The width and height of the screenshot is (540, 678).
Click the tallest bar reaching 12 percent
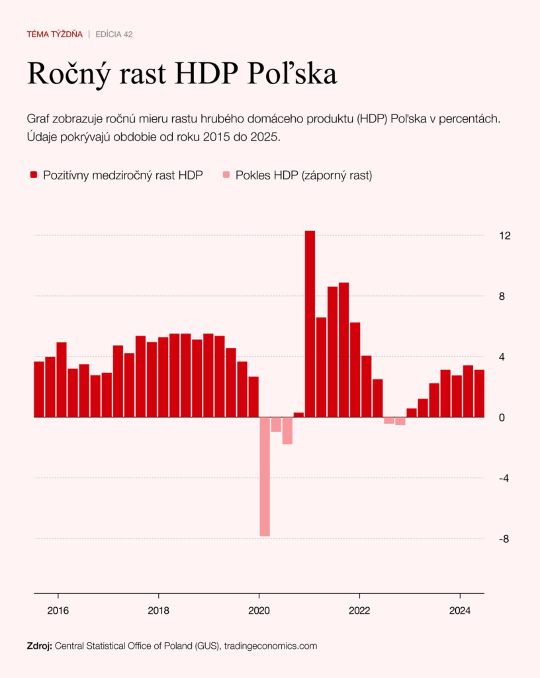[x=310, y=324]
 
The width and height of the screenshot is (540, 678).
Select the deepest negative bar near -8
[x=265, y=476]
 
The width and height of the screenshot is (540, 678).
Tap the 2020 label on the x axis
[x=259, y=610]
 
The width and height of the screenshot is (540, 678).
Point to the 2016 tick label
[x=58, y=610]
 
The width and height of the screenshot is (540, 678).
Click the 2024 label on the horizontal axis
[x=460, y=610]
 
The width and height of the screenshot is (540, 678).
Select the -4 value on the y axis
[x=503, y=478]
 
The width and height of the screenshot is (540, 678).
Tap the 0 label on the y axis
[x=502, y=418]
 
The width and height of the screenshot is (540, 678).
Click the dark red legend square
[x=34, y=175]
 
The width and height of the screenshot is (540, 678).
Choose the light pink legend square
[x=226, y=175]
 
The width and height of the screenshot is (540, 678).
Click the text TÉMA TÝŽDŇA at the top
[x=54, y=34]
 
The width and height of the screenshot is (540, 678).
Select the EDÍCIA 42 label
[x=114, y=34]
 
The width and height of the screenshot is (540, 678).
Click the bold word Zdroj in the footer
[x=39, y=645]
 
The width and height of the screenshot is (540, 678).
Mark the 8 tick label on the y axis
[x=502, y=297]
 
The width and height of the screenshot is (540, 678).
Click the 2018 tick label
[x=158, y=610]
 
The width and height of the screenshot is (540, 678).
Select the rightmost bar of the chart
[x=479, y=393]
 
